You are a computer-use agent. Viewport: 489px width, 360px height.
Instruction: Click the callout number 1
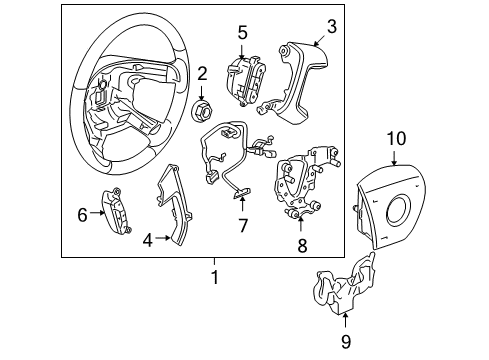point(213,273)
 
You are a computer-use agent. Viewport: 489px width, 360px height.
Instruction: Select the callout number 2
point(202,73)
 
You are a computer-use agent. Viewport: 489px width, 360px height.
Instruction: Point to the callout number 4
point(147,239)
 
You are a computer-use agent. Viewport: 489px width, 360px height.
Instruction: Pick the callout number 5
point(242,33)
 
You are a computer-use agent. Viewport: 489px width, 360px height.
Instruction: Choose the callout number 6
point(82,212)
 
